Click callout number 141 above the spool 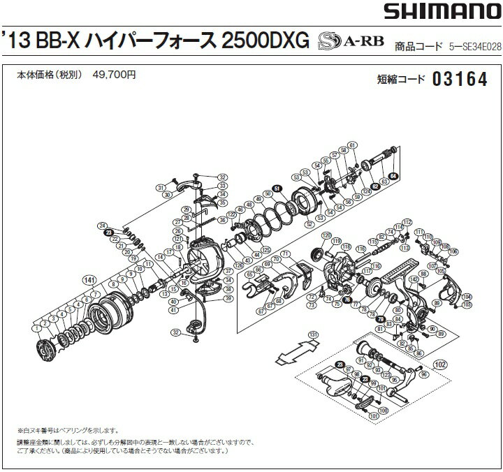point(88,278)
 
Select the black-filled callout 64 point(394,176)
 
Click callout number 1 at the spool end point(35,328)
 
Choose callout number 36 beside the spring point(221,220)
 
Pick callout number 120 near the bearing point(326,237)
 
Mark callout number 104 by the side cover point(467,296)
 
